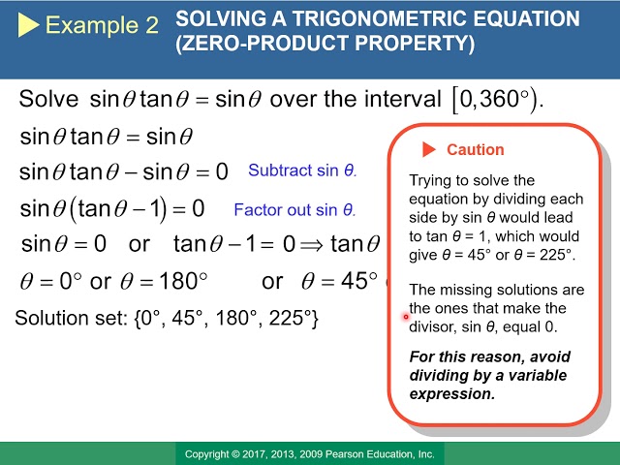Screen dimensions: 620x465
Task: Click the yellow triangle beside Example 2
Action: click(28, 24)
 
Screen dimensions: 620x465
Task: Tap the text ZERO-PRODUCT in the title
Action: click(264, 43)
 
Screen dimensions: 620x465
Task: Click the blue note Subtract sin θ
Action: click(302, 170)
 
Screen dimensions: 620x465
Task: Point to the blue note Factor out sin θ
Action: click(294, 209)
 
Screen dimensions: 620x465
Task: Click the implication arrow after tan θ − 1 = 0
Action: click(311, 245)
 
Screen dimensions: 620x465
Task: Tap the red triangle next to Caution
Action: click(429, 149)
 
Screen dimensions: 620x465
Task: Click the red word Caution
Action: click(476, 150)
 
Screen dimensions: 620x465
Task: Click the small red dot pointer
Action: click(406, 317)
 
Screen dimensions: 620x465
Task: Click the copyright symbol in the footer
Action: click(235, 454)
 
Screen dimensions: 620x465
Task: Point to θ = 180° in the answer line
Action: click(164, 281)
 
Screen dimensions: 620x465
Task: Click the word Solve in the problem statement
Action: click(48, 99)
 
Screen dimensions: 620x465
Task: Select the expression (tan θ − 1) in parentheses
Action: click(117, 209)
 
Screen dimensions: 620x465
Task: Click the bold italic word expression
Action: click(452, 394)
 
